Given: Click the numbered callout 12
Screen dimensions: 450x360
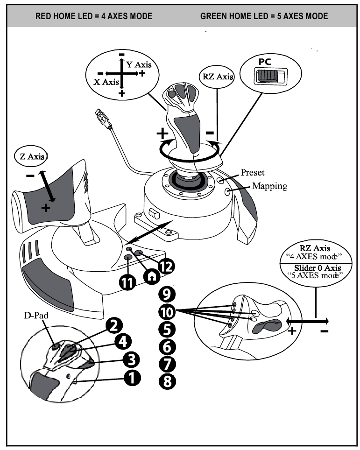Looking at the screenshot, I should tap(166, 266).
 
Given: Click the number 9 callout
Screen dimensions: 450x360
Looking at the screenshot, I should tap(166, 294).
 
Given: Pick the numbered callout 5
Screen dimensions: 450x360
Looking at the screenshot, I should tap(166, 329).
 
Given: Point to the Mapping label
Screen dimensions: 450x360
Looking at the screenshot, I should tap(270, 185).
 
